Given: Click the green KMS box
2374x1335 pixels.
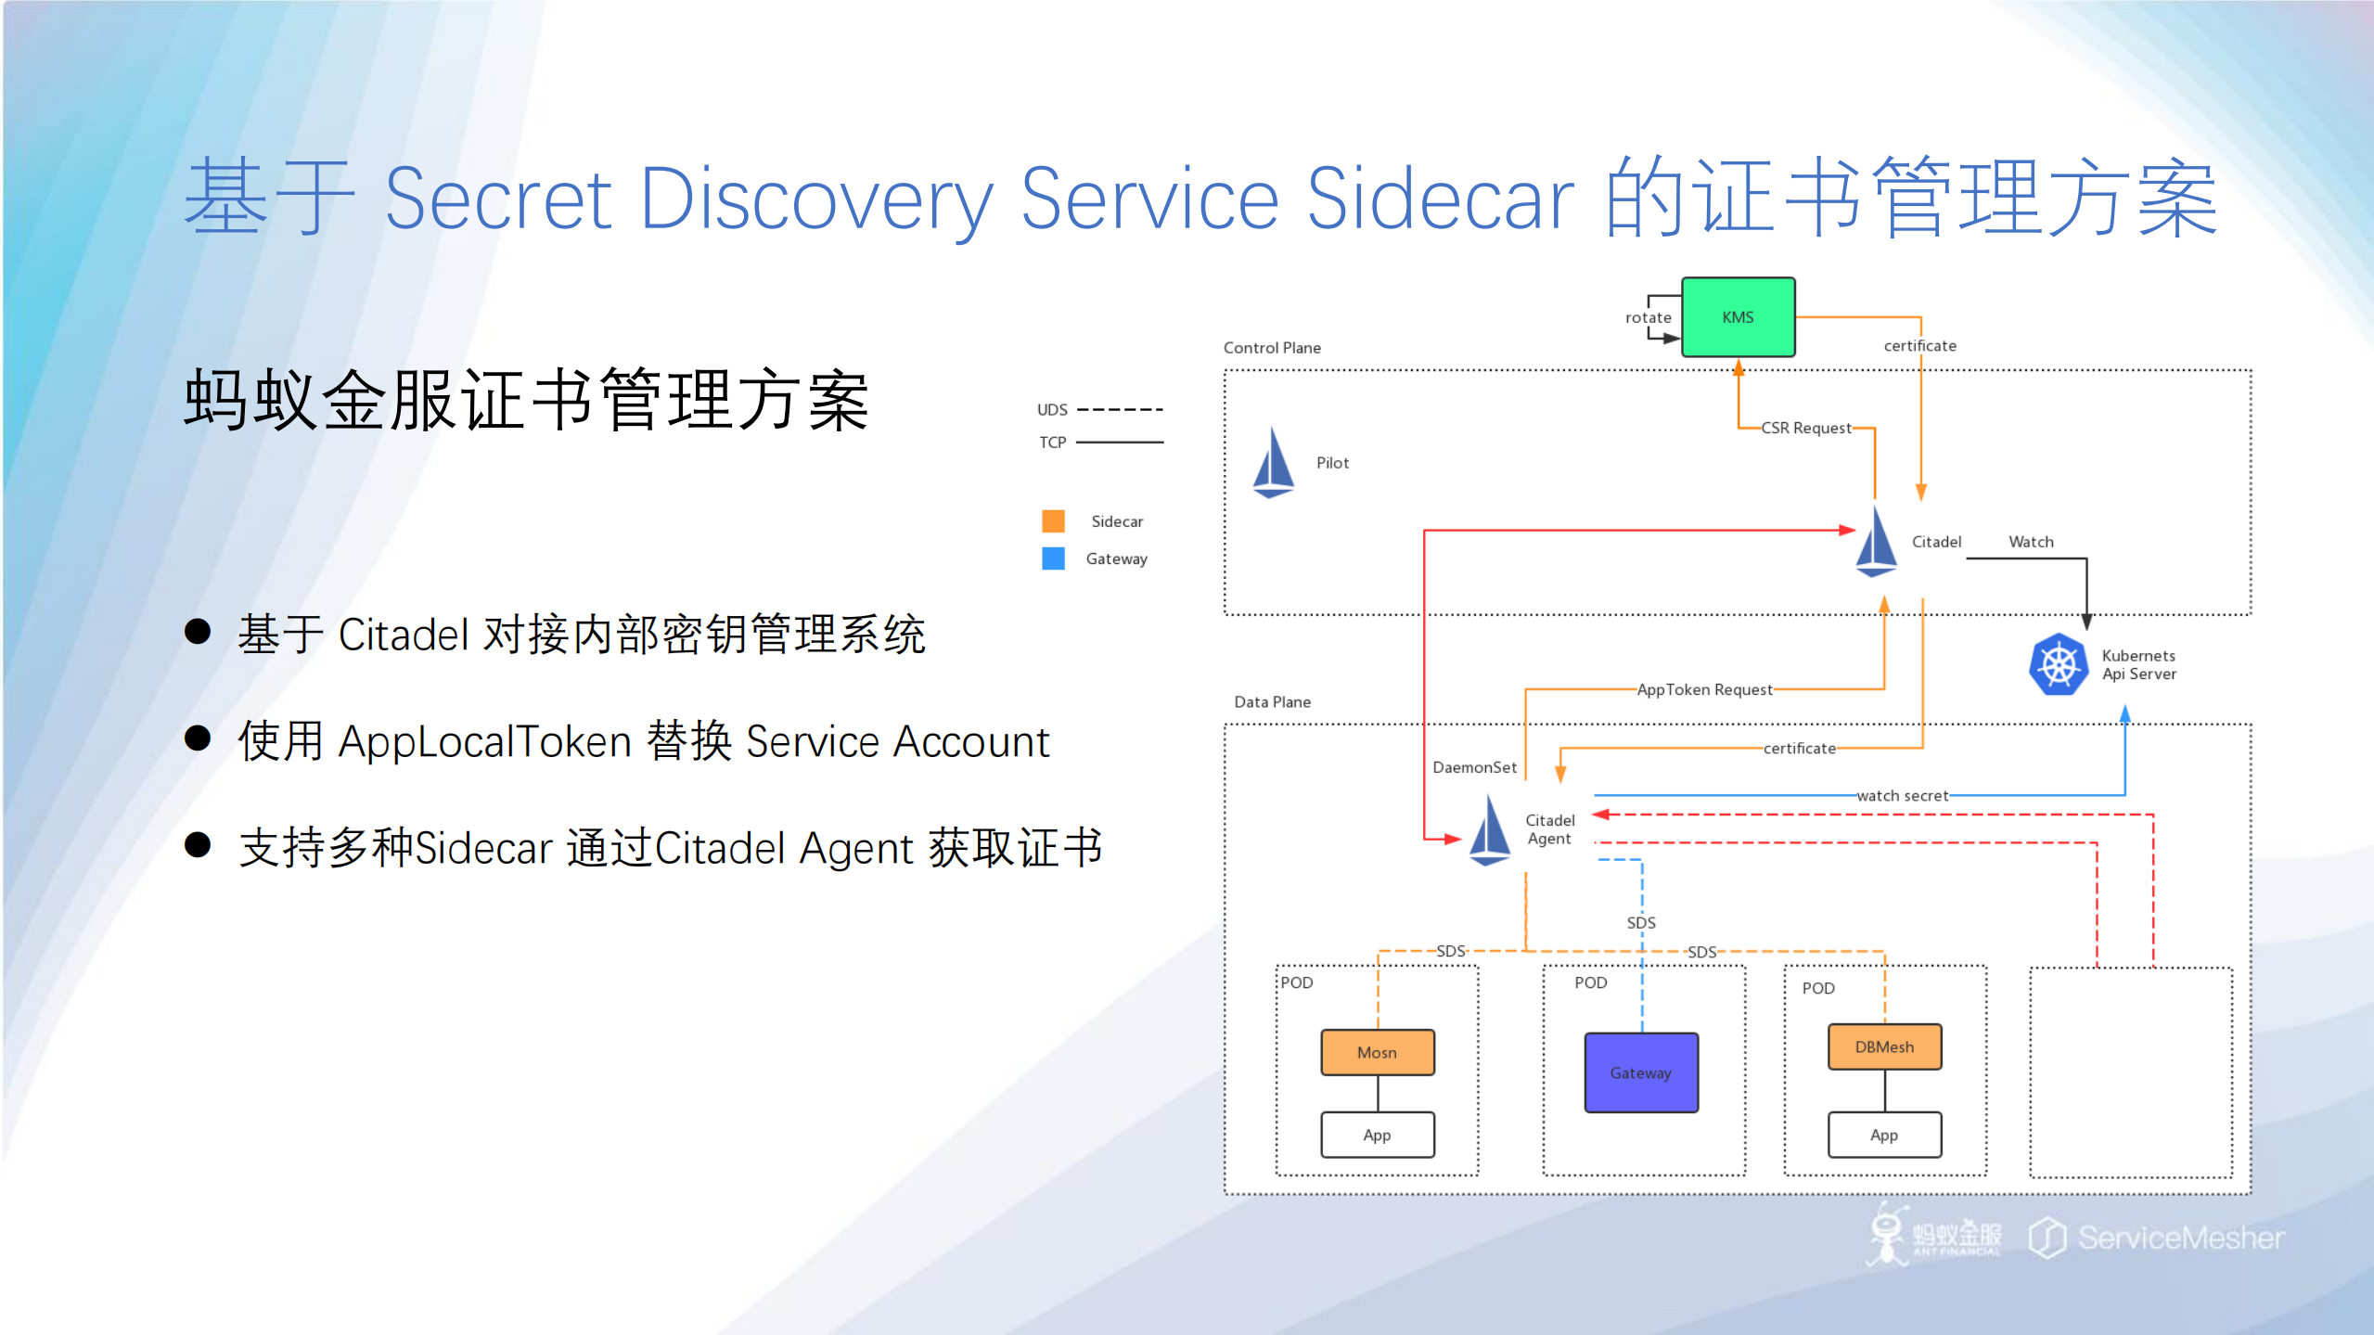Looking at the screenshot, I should point(1738,317).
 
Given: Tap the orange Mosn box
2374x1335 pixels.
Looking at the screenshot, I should point(1378,1052).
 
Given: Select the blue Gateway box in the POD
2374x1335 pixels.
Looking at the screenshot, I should point(1641,1072).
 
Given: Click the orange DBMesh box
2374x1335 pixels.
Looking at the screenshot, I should point(1884,1046).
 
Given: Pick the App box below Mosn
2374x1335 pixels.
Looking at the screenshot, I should point(1378,1135).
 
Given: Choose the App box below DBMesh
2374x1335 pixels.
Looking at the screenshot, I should point(1884,1135).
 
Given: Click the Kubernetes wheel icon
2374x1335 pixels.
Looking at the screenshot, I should point(2058,664).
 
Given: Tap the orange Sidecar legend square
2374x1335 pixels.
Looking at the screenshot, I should point(1053,520).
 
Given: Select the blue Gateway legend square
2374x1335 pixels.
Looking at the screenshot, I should point(1053,558).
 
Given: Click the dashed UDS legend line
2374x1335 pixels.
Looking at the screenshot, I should point(1120,409).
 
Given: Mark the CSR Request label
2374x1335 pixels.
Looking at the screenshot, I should point(1805,428).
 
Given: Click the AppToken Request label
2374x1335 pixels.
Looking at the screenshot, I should point(1704,689).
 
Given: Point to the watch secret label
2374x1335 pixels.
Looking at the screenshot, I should point(1902,795).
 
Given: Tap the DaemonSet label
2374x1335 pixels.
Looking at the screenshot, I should point(1474,767).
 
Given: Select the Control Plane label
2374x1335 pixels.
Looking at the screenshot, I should point(1272,348).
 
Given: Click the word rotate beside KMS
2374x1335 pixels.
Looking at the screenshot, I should point(1648,317).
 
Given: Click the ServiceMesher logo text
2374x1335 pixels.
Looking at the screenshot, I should point(2180,1238).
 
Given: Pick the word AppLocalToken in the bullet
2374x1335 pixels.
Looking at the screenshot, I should point(484,741).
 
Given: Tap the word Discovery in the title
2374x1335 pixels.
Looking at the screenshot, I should point(816,199).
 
